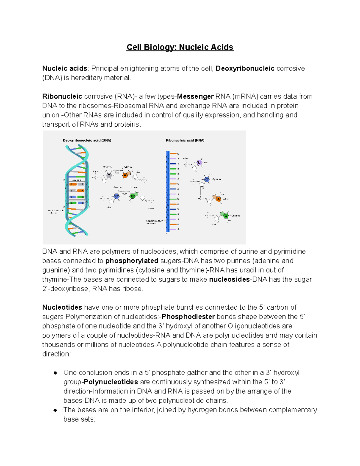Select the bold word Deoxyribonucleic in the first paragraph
(x=245, y=68)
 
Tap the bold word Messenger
(x=195, y=96)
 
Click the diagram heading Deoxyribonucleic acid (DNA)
(x=87, y=140)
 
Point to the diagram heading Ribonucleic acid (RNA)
(x=185, y=140)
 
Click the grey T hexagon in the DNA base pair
(x=109, y=175)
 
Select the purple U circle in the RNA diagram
(x=199, y=163)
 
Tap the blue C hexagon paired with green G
(x=116, y=196)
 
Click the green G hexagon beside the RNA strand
(x=226, y=215)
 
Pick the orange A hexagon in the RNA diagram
(x=218, y=199)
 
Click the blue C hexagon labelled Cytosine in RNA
(x=206, y=179)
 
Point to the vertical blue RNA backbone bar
(x=168, y=192)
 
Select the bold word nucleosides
(x=229, y=279)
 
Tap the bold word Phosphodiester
(x=188, y=317)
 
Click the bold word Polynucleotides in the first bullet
(x=111, y=382)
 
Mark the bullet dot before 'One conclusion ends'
(x=55, y=373)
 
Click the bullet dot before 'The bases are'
(x=55, y=410)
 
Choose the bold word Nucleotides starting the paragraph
(x=62, y=307)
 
